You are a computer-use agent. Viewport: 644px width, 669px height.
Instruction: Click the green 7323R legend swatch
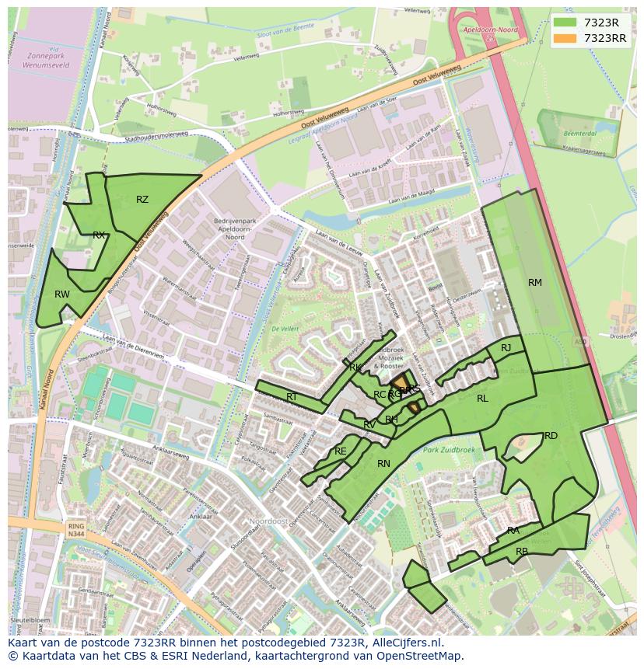[x=565, y=23]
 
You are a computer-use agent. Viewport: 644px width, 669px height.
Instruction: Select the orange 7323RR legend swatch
[x=565, y=38]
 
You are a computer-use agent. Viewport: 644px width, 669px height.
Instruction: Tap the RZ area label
[x=142, y=200]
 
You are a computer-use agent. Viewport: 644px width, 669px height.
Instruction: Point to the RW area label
[x=62, y=294]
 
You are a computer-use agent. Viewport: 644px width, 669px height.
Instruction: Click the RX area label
[x=99, y=235]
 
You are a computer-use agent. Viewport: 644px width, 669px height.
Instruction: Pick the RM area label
[x=535, y=283]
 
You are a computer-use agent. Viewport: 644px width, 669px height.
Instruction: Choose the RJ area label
[x=506, y=348]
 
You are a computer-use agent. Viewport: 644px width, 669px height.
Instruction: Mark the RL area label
[x=482, y=399]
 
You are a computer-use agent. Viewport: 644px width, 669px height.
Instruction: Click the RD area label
[x=551, y=436]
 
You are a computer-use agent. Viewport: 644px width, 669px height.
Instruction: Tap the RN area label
[x=383, y=464]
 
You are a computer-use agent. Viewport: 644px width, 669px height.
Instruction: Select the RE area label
[x=340, y=451]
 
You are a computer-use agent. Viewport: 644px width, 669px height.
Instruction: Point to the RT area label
[x=292, y=397]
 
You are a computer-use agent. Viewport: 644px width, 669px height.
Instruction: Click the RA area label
[x=513, y=531]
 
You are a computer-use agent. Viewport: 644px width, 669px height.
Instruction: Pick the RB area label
[x=522, y=552]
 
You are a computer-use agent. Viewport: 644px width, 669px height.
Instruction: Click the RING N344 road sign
[x=75, y=531]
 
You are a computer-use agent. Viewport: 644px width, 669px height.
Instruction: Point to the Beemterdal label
[x=573, y=134]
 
